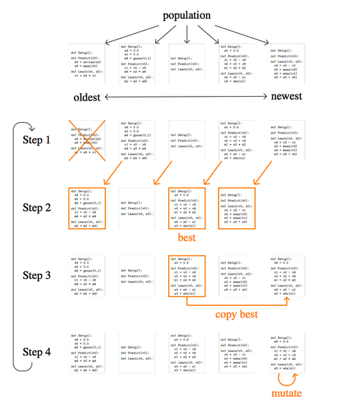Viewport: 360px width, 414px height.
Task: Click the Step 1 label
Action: coord(37,140)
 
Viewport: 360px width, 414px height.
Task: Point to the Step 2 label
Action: coord(37,208)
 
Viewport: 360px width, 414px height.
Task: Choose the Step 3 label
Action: coord(37,275)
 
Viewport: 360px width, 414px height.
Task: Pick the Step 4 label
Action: coord(37,331)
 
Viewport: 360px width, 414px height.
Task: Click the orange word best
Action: coord(185,238)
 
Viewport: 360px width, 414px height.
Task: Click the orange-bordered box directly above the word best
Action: coord(186,208)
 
